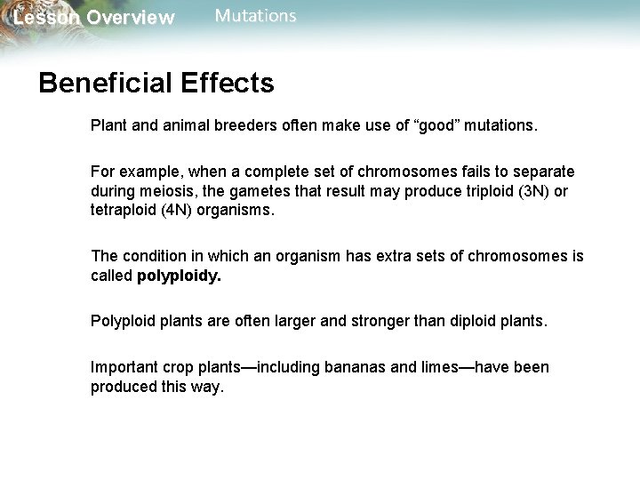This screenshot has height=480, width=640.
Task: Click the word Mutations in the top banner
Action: pyautogui.click(x=256, y=16)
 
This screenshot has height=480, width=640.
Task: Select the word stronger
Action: pyautogui.click(x=392, y=318)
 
